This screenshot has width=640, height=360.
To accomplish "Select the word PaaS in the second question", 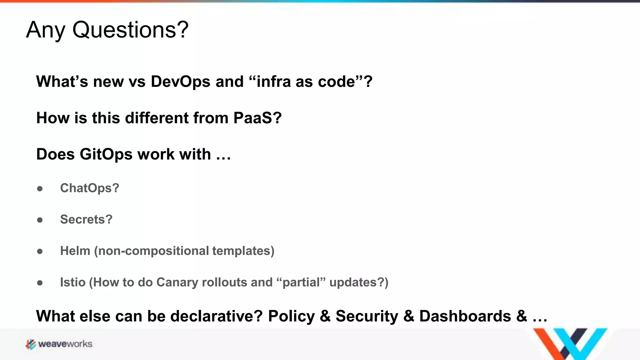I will tap(257, 118).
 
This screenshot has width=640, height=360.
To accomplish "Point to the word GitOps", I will tap(106, 154).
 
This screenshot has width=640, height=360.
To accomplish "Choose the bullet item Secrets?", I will tap(86, 220).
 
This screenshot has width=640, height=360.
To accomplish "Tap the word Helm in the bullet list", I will tap(75, 251).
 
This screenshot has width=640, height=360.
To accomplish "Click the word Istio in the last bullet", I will tap(73, 282).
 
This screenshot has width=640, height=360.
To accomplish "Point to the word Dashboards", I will tap(465, 316).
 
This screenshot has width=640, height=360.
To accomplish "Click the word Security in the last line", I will tap(367, 316).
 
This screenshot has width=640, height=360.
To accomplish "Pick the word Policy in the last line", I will tap(291, 316).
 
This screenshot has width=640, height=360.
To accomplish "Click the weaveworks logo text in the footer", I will tap(65, 344).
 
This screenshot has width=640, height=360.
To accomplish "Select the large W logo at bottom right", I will tap(570, 344).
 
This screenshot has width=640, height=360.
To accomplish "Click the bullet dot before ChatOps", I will tap(40, 189).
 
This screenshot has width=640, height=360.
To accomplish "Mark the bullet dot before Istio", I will tap(40, 283).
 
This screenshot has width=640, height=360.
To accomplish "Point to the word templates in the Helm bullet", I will tap(243, 251).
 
